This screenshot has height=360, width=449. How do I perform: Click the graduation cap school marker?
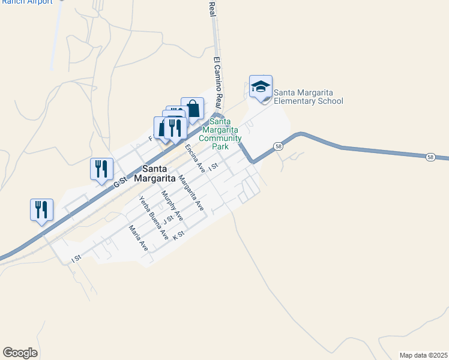coord(261,86)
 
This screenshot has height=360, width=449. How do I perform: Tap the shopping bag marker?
coord(193,110)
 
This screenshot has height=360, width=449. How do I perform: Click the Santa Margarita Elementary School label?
coord(308,97)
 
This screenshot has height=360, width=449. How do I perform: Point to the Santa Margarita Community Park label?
coord(220,134)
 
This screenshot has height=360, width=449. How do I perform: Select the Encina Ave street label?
coord(195,158)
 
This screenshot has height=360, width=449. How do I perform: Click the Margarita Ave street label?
coord(191,192)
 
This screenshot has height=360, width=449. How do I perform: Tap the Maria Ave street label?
coord(138,237)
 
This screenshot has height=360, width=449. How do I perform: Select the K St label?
coord(177,235)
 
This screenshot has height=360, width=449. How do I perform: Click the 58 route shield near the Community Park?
coord(278,146)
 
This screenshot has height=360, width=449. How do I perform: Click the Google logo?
coord(20,353)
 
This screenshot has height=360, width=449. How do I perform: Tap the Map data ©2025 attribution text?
coord(423,355)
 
